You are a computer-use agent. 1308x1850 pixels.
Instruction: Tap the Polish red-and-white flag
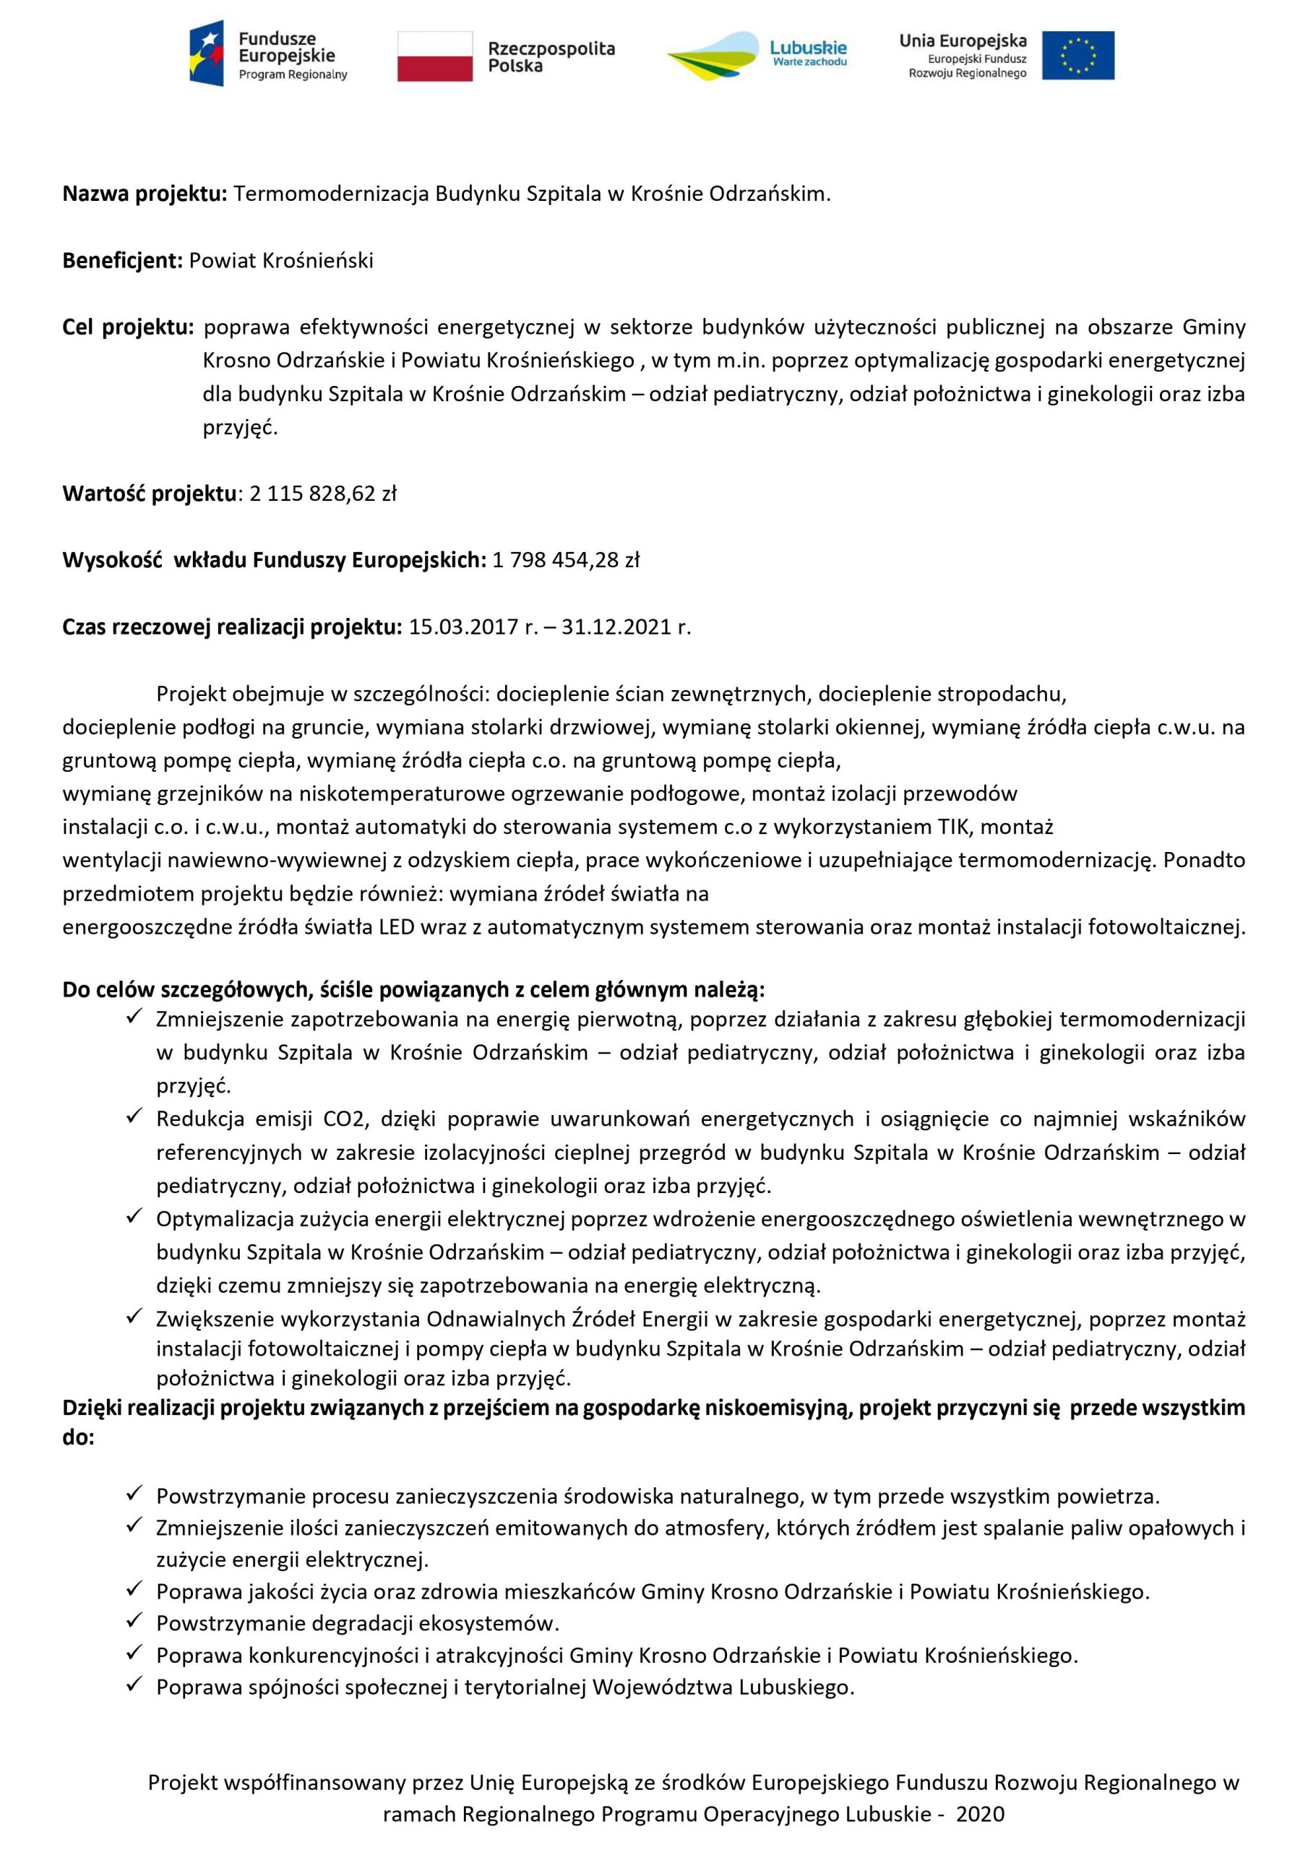tap(434, 56)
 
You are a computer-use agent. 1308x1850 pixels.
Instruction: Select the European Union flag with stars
tap(1077, 56)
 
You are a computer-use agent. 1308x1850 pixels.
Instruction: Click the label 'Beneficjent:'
tap(123, 261)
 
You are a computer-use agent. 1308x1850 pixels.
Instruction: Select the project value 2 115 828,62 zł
tap(322, 494)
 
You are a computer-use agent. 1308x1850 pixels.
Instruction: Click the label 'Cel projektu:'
tap(128, 328)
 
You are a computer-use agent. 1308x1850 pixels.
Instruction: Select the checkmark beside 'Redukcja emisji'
tap(134, 1117)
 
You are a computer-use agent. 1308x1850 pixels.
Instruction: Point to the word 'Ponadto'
tap(1204, 861)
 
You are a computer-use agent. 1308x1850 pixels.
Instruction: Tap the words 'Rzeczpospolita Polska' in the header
tap(551, 57)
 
